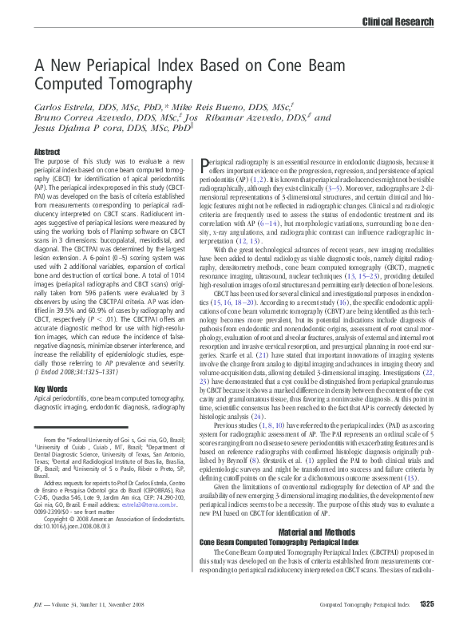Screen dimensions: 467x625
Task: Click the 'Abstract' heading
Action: click(x=47, y=152)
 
